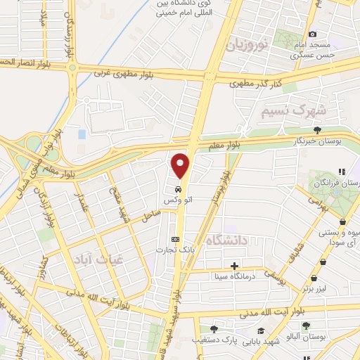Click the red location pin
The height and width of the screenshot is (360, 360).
point(181,166)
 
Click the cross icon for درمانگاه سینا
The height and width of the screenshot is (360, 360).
point(235,266)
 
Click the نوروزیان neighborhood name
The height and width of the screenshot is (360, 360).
point(247,46)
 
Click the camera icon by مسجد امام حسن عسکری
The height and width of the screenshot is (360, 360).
point(313,34)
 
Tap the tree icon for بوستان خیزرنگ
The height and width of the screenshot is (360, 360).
point(318,130)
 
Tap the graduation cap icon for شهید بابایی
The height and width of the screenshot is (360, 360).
point(260,330)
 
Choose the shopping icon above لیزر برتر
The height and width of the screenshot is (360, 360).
point(322,262)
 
